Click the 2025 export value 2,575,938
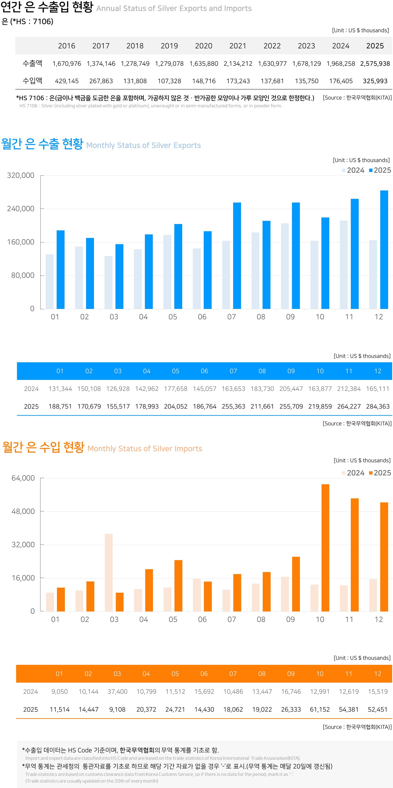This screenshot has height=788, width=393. (x=375, y=64)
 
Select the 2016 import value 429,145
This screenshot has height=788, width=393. (x=67, y=81)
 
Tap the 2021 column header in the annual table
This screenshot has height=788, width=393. (x=238, y=46)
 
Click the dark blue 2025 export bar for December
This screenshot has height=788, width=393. (x=384, y=249)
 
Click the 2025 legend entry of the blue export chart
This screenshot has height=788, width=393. (x=380, y=170)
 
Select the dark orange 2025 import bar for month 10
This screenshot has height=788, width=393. (x=325, y=547)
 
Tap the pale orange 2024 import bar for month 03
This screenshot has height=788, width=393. (x=109, y=572)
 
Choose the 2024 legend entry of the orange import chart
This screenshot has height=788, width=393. (x=353, y=473)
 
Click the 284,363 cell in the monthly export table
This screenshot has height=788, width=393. (x=378, y=406)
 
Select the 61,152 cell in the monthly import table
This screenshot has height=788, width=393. (x=320, y=709)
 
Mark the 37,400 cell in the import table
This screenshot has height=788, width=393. (x=117, y=692)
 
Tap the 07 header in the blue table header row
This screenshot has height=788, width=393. (x=233, y=371)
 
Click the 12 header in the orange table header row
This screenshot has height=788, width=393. (x=378, y=674)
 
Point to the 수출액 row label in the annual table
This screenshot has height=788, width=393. (x=33, y=63)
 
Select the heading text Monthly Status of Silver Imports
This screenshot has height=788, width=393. (x=145, y=449)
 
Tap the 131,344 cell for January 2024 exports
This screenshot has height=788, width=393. (x=60, y=389)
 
